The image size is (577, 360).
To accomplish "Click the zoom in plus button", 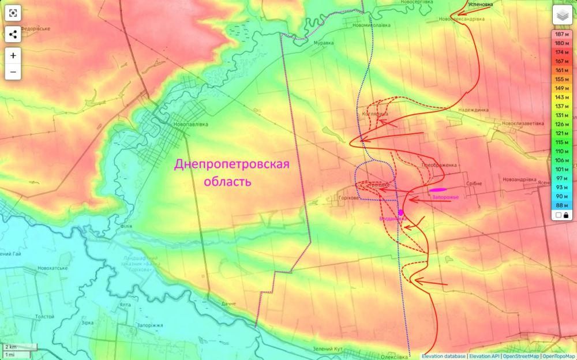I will [13, 56].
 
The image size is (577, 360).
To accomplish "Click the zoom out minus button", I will [13, 73].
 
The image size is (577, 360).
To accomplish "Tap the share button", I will [13, 34].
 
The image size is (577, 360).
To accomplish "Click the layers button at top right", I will [562, 16].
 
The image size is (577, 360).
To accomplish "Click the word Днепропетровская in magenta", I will [231, 165].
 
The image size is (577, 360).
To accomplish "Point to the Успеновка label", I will [480, 5].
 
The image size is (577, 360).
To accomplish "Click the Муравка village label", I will [323, 43].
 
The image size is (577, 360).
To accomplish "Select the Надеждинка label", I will [473, 110].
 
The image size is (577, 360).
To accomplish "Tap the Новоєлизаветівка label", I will [522, 123].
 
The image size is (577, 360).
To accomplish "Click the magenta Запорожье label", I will [445, 197].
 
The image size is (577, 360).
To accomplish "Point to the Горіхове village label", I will [348, 197].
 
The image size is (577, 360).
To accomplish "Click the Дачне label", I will [228, 303].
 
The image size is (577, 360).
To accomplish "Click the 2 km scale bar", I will [19, 347].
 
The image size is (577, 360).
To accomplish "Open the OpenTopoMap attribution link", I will [559, 356].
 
